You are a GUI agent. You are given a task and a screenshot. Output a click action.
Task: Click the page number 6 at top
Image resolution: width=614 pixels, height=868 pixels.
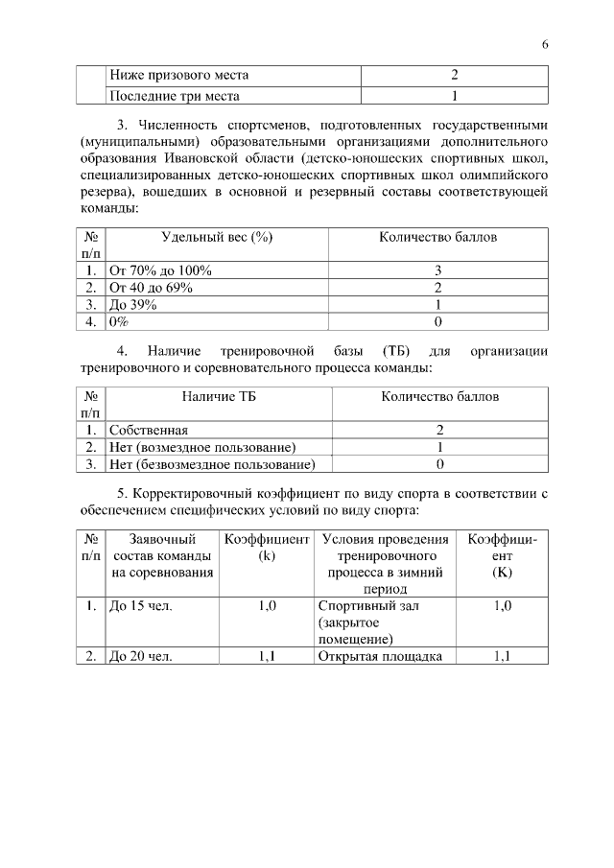544,45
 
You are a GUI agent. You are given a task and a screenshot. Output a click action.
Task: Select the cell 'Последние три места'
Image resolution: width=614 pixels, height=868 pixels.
174,96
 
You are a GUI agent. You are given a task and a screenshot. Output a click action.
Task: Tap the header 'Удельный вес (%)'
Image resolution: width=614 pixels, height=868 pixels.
217,238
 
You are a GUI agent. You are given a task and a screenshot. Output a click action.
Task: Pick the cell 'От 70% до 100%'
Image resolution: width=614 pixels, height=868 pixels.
160,270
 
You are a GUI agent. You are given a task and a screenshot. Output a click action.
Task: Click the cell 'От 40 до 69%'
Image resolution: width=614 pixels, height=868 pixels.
152,287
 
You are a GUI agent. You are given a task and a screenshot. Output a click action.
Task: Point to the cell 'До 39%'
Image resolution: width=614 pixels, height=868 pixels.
133,304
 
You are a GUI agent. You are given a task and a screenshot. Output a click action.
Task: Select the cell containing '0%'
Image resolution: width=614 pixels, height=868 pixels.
119,321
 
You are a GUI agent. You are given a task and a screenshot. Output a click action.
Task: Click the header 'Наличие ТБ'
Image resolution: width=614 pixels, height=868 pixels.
219,395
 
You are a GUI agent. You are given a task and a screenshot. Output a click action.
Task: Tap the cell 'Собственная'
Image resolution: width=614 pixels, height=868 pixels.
149,430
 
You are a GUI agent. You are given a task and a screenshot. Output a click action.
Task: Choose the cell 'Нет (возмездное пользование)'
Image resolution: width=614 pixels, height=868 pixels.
202,447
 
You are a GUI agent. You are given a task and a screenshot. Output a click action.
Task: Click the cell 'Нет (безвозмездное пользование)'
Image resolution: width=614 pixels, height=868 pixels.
212,464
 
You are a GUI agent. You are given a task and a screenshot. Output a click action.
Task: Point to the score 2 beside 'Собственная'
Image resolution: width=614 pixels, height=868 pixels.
439,430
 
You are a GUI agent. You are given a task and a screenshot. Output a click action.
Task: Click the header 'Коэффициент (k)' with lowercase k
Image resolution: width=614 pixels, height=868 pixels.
267,548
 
